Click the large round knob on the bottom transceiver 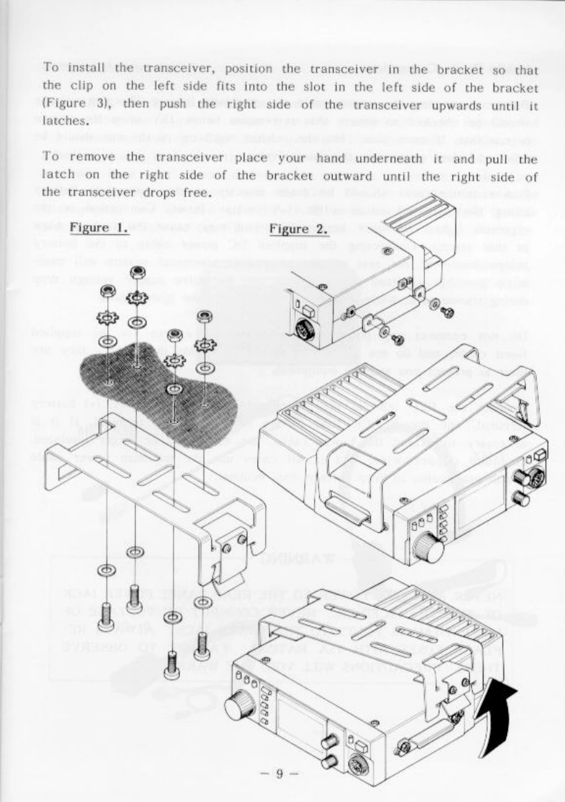click(240, 708)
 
